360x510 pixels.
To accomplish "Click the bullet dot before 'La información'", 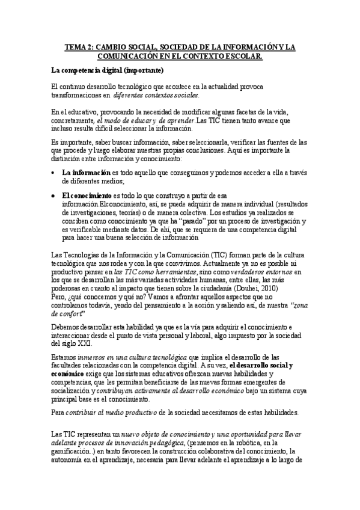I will [53, 173].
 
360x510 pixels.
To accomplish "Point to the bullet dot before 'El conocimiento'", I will [53, 195].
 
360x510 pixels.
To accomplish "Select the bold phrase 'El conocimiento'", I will [87, 195].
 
